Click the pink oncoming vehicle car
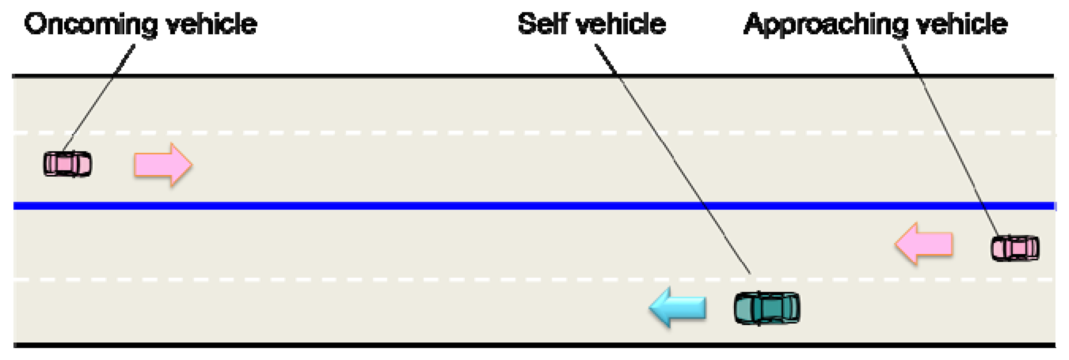point(67,164)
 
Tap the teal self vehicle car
point(767,308)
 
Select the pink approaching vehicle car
point(1015,248)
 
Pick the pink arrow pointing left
point(924,244)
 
